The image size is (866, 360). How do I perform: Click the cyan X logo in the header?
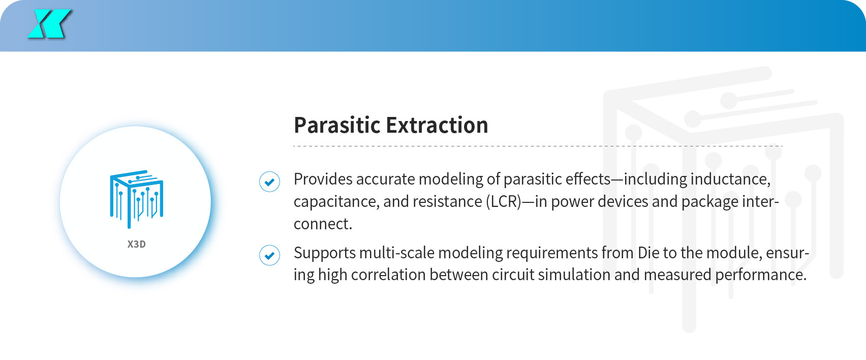pos(49,24)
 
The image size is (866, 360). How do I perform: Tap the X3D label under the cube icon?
pos(137,245)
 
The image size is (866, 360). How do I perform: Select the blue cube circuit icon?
pos(137,199)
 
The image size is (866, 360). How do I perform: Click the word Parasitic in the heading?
pos(337,125)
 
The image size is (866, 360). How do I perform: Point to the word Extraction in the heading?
pos(437,125)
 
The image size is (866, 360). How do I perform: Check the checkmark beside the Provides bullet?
pos(269,182)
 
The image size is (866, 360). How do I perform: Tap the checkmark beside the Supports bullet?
pos(269,255)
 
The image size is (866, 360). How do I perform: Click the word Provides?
pos(323,179)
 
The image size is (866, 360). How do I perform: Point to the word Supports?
pos(325,253)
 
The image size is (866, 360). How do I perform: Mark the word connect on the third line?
pos(322,224)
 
